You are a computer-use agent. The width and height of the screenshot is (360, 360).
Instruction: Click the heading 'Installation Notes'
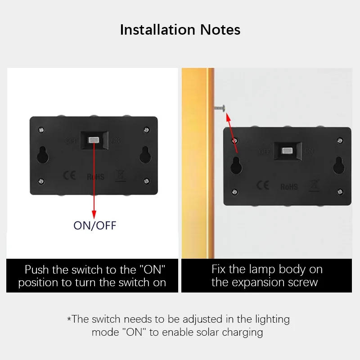click(x=180, y=30)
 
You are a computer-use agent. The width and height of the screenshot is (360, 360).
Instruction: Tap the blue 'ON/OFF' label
click(x=94, y=225)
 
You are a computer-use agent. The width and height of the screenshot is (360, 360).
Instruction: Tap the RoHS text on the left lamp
click(x=95, y=176)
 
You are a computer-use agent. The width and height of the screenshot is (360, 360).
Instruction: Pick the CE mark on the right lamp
click(x=262, y=185)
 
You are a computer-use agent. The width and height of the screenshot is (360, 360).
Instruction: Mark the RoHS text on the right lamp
click(x=289, y=186)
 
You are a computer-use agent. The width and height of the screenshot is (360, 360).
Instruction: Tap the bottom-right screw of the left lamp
click(x=146, y=180)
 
